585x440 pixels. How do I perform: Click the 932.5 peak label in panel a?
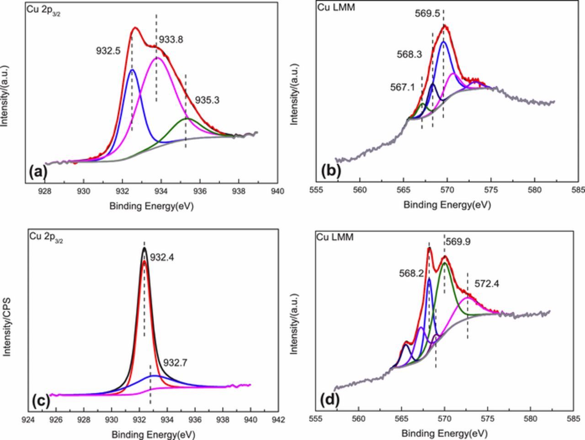click(108, 51)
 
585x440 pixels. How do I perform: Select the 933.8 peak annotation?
click(170, 40)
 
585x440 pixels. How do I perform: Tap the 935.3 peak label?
click(207, 100)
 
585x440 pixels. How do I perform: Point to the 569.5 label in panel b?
click(427, 14)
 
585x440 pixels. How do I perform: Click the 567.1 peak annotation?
click(403, 87)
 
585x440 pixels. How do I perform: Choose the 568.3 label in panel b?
click(409, 54)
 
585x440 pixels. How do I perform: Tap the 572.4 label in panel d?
click(487, 284)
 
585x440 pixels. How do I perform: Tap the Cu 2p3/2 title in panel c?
click(46, 236)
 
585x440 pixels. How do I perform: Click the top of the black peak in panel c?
click(144, 248)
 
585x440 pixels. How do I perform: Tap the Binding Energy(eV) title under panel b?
click(447, 205)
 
